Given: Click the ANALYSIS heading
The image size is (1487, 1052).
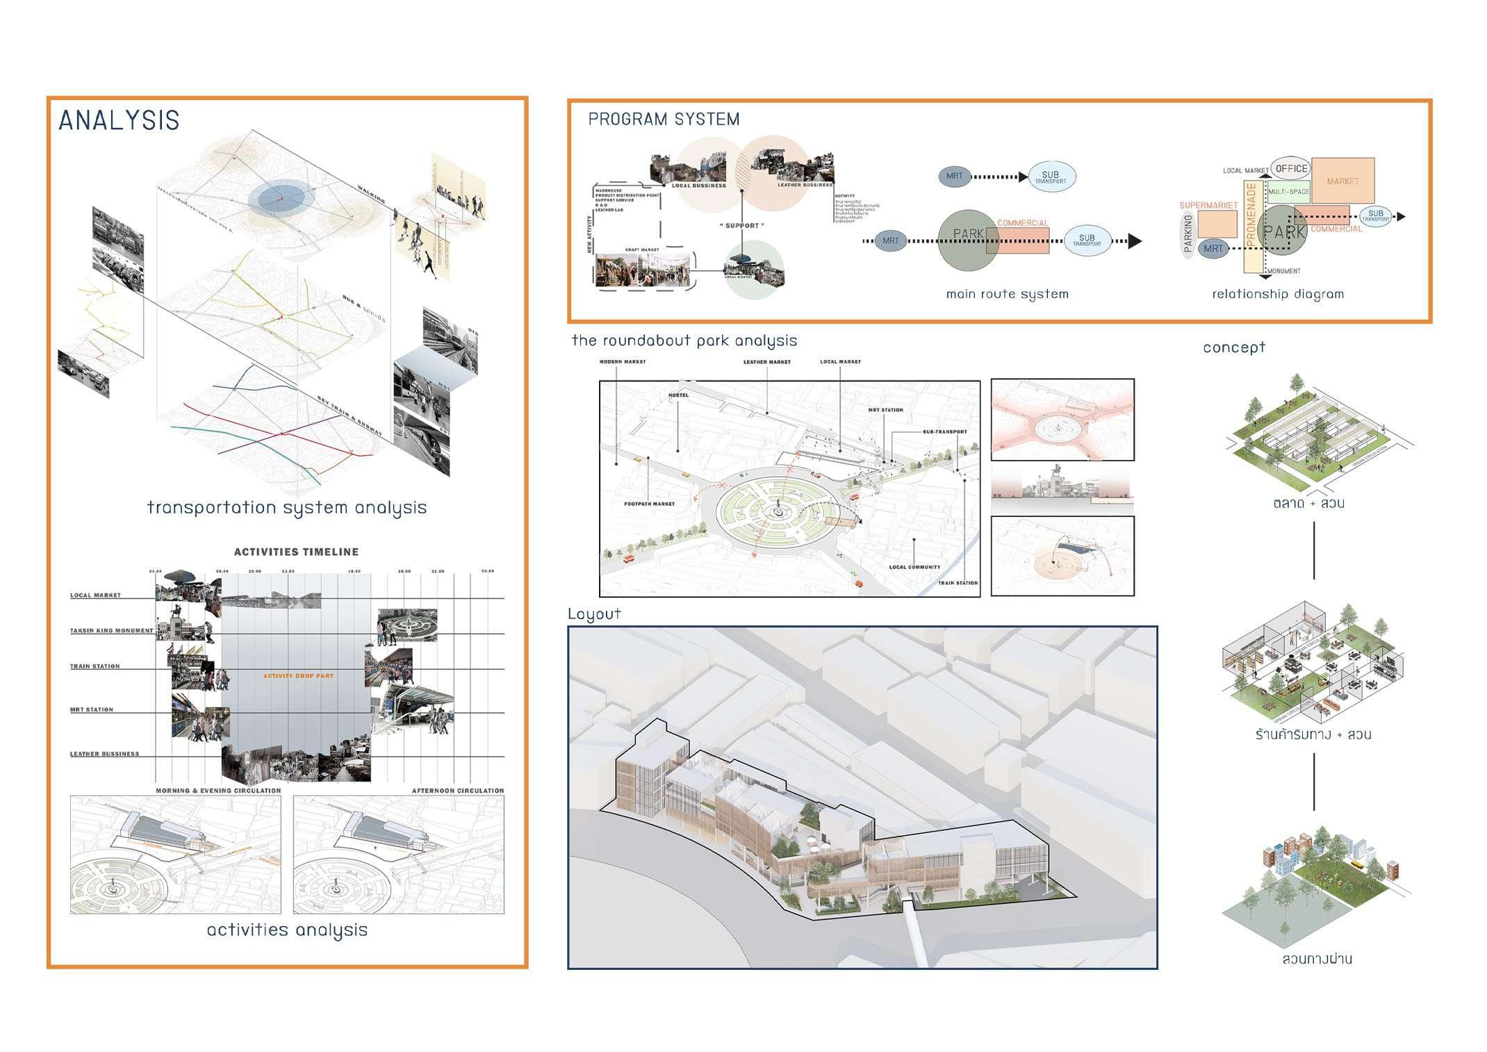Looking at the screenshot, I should (x=119, y=121).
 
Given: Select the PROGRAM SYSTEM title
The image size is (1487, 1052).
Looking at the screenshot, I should (x=664, y=120).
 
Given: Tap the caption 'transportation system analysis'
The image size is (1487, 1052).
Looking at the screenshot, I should (x=286, y=507).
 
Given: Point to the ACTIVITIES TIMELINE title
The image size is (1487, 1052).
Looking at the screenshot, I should (x=296, y=552).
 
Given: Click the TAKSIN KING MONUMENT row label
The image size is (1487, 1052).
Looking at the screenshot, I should (x=111, y=631).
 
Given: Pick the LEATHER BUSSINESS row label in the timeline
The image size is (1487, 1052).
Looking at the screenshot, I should (x=104, y=754).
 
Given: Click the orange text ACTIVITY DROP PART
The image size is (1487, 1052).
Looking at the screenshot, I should (x=298, y=676).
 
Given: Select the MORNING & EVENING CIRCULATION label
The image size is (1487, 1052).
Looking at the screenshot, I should (x=218, y=791).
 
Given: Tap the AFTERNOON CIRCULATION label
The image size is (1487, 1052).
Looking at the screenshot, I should (x=457, y=791).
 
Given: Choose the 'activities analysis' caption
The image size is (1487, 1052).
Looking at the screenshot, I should (x=287, y=930).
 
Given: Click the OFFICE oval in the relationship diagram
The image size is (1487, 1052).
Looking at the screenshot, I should (x=1291, y=168).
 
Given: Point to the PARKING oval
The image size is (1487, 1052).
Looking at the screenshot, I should (x=1188, y=233).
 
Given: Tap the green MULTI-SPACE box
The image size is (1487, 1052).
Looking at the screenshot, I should (x=1288, y=192).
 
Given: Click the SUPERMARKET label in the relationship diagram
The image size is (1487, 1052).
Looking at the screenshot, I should (x=1208, y=206).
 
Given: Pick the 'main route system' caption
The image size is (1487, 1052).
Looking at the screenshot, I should (x=1007, y=294).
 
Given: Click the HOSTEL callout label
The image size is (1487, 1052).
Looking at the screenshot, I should (x=678, y=395).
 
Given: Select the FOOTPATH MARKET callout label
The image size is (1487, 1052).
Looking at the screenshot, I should (x=649, y=504).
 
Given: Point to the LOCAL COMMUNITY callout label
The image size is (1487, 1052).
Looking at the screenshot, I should (x=914, y=567).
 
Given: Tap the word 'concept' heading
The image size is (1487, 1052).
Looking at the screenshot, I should (x=1233, y=347).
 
